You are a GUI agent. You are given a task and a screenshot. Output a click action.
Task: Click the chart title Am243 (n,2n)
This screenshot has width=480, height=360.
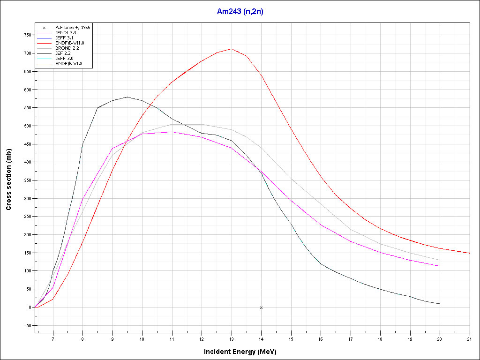click(240, 12)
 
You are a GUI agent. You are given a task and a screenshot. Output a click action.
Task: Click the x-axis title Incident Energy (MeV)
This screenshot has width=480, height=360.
click(244, 352)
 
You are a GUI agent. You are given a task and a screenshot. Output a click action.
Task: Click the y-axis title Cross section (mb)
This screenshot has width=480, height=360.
click(9, 180)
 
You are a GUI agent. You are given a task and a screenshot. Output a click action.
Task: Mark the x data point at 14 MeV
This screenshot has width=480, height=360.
click(261, 307)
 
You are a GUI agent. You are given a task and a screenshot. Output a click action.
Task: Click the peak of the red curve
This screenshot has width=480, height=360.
click(231, 49)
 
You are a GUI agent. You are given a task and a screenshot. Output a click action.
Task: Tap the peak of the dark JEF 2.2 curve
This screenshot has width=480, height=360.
click(127, 97)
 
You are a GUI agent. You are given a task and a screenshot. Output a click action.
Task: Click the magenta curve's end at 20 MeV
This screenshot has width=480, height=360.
click(440, 266)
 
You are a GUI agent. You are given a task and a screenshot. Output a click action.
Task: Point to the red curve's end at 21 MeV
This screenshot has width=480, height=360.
click(469, 253)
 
